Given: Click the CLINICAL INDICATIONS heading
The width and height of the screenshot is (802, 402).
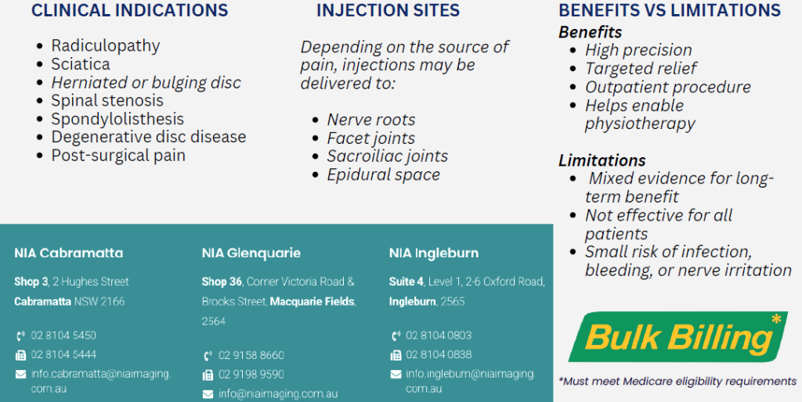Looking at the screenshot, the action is [130, 11].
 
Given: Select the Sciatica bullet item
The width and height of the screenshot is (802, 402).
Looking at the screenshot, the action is [81, 64].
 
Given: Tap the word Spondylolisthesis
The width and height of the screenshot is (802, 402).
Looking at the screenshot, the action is [117, 119].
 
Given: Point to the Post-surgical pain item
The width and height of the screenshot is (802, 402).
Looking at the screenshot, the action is [118, 156].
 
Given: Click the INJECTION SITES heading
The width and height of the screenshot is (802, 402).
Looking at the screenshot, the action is [388, 11].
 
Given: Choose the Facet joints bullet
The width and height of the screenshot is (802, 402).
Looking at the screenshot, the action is [370, 138].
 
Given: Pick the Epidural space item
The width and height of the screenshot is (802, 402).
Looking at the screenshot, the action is [384, 174].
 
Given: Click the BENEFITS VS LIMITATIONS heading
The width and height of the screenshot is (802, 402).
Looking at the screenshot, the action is [670, 11].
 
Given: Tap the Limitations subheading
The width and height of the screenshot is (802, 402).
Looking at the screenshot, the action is [602, 160].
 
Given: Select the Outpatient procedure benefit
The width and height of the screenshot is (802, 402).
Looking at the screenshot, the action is [668, 88].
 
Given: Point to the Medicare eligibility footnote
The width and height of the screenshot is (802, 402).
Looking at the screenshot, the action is [677, 381].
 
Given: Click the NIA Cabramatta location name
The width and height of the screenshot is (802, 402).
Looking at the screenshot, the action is [69, 253].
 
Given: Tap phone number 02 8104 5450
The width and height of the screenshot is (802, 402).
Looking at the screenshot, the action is [63, 336].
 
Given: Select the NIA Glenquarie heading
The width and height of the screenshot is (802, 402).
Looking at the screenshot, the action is [251, 253].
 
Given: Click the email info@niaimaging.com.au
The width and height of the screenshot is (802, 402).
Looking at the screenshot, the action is [278, 394].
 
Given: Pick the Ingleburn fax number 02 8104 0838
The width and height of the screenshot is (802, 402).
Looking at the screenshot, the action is [439, 354].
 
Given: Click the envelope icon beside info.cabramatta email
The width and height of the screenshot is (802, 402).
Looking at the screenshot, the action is [20, 375].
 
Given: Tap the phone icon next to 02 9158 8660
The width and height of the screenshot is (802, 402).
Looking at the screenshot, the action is [208, 356].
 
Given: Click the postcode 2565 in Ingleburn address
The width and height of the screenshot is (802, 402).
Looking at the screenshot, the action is [453, 302].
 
